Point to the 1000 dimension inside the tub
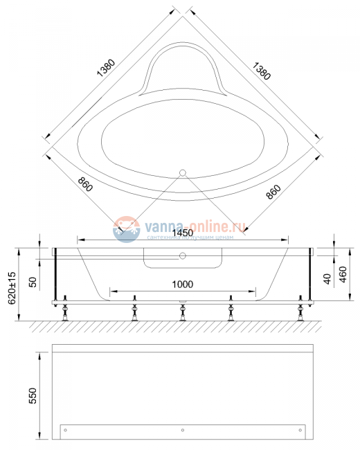183,284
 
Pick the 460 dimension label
343,273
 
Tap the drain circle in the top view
183,172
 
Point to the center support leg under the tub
182,309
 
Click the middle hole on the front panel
182,431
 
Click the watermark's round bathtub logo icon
127,229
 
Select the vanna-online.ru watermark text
195,226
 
